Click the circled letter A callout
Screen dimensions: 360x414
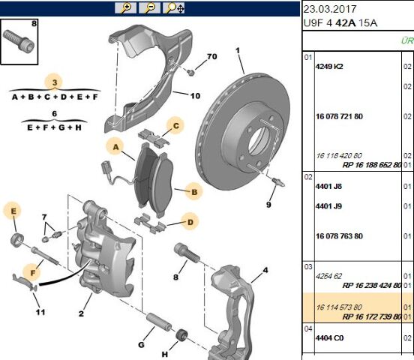point(115,145)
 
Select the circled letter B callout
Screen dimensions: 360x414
point(193,193)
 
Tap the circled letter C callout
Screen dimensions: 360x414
point(174,125)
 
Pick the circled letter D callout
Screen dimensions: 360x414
point(191,221)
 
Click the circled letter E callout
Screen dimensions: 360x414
point(13,211)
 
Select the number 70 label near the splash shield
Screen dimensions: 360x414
point(211,57)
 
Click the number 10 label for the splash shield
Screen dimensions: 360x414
point(195,96)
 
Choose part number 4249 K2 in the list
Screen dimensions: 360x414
point(328,66)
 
